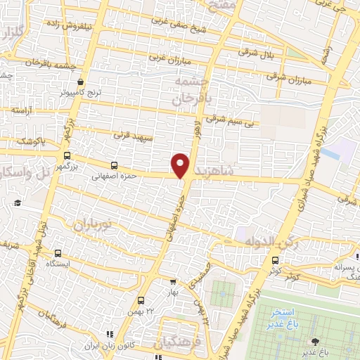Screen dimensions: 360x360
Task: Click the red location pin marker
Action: (181, 165)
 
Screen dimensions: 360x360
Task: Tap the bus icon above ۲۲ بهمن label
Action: (141, 300)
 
